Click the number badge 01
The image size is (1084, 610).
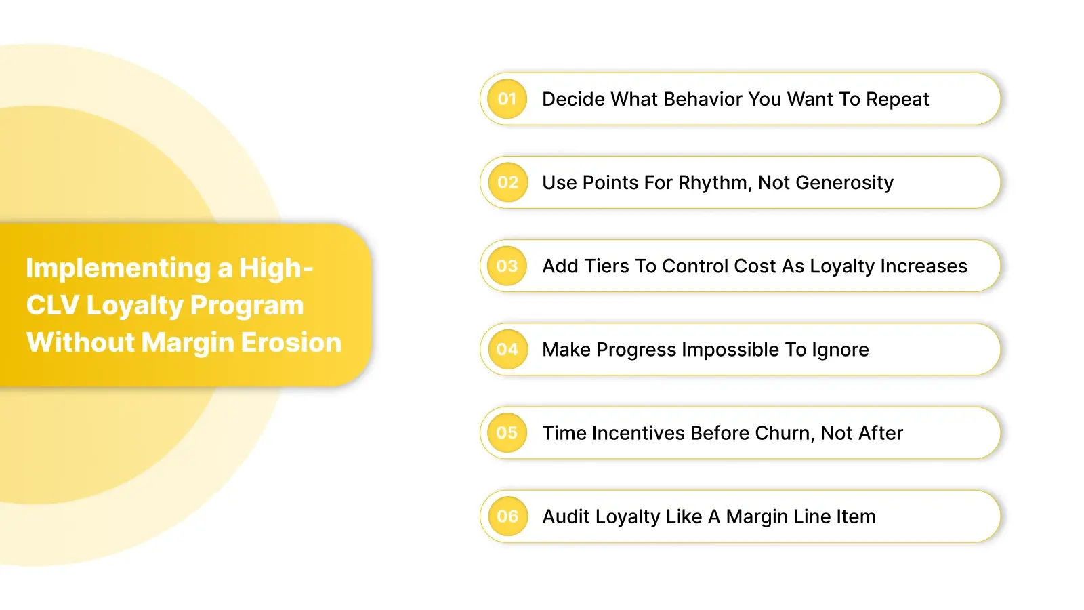pyautogui.click(x=507, y=99)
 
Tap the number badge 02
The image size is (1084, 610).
pyautogui.click(x=507, y=182)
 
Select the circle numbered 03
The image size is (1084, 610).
pyautogui.click(x=507, y=266)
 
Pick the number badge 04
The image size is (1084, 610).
pyautogui.click(x=507, y=349)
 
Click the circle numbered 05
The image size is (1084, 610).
pyautogui.click(x=507, y=432)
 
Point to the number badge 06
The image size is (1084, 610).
pyautogui.click(x=507, y=516)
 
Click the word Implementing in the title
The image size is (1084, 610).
pyautogui.click(x=119, y=268)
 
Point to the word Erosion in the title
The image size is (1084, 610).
pyautogui.click(x=291, y=342)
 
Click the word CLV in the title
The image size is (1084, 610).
pyautogui.click(x=52, y=306)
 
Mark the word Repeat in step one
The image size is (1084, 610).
pyautogui.click(x=897, y=100)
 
